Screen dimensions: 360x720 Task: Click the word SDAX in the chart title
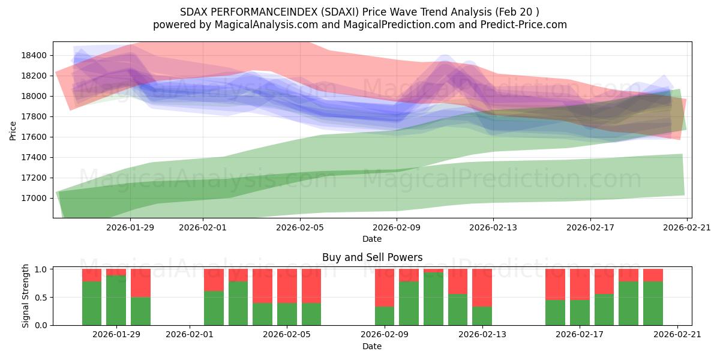click(193, 12)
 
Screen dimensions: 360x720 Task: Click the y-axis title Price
click(13, 130)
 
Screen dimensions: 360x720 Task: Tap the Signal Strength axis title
click(25, 296)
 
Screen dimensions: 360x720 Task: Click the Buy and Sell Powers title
click(372, 257)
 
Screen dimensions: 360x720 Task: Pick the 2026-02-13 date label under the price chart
click(493, 227)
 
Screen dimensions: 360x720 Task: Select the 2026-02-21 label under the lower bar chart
click(677, 334)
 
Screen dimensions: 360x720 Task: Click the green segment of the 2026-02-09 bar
click(385, 316)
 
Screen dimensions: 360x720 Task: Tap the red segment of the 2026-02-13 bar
click(482, 287)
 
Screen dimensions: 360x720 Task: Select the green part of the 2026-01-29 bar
click(116, 300)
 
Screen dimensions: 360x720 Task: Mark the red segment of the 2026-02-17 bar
click(580, 284)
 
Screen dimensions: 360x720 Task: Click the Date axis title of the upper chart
click(372, 239)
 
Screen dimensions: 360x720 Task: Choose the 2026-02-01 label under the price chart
click(202, 227)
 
